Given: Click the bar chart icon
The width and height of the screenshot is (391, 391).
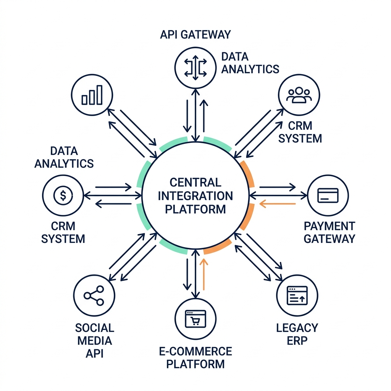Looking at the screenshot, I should pyautogui.click(x=92, y=95).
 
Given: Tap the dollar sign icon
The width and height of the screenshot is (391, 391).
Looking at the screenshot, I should pyautogui.click(x=63, y=195).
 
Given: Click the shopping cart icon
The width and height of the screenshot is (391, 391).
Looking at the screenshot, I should pyautogui.click(x=195, y=318).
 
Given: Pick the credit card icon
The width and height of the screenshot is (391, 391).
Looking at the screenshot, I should pyautogui.click(x=328, y=195).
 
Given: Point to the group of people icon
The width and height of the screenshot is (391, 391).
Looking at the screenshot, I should pyautogui.click(x=299, y=95).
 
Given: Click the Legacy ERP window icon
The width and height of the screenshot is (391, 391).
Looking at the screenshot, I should pyautogui.click(x=297, y=296).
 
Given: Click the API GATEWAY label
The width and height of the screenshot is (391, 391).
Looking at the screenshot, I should pyautogui.click(x=195, y=34).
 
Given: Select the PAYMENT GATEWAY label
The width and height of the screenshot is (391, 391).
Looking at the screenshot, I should pyautogui.click(x=329, y=232).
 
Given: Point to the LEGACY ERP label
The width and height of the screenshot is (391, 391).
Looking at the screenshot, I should pyautogui.click(x=297, y=334).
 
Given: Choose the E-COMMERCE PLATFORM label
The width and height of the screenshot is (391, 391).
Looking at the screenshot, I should pyautogui.click(x=195, y=357).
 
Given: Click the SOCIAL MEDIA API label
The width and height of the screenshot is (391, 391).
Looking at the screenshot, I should pyautogui.click(x=94, y=340).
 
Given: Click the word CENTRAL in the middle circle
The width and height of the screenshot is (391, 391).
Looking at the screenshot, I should pyautogui.click(x=195, y=182).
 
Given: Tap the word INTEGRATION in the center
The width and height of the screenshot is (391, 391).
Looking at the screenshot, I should pyautogui.click(x=195, y=195).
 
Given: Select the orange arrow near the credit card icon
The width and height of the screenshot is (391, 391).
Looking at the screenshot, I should pyautogui.click(x=278, y=204).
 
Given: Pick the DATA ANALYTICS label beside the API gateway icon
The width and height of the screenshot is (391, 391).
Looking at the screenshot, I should pyautogui.click(x=250, y=63).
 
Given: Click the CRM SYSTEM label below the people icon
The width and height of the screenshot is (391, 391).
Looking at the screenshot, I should pyautogui.click(x=300, y=132).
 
